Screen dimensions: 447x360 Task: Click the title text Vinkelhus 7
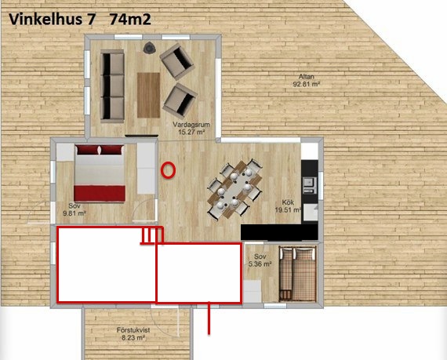pyautogui.click(x=51, y=20)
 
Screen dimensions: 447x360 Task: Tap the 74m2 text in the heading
pyautogui.click(x=130, y=20)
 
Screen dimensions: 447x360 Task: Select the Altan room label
pyautogui.click(x=307, y=77)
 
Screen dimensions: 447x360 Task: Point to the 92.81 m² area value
pyautogui.click(x=307, y=84)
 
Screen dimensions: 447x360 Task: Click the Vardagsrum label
pyautogui.click(x=191, y=125)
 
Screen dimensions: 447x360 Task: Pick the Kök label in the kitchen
pyautogui.click(x=288, y=202)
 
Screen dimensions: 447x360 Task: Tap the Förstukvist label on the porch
pyautogui.click(x=133, y=330)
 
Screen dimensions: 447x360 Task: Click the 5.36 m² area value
pyautogui.click(x=260, y=264)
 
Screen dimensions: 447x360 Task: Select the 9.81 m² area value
pyautogui.click(x=74, y=213)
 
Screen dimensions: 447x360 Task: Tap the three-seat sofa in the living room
pyautogui.click(x=112, y=86)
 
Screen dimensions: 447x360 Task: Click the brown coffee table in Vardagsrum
pyautogui.click(x=148, y=95)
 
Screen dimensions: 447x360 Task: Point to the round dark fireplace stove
pyautogui.click(x=149, y=48)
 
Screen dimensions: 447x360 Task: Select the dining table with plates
pyautogui.click(x=234, y=189)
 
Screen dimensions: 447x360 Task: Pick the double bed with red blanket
pyautogui.click(x=100, y=173)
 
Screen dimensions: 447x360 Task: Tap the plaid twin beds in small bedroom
pyautogui.click(x=298, y=274)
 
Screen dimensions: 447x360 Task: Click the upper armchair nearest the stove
pyautogui.click(x=177, y=61)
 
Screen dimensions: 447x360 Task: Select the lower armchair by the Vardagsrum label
pyautogui.click(x=180, y=101)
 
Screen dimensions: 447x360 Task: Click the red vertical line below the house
pyautogui.click(x=209, y=318)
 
